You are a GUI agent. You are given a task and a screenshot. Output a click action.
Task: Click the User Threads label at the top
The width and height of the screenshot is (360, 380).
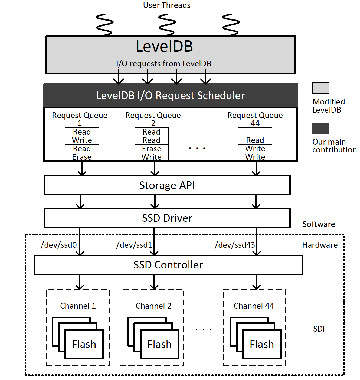[x=166, y=5]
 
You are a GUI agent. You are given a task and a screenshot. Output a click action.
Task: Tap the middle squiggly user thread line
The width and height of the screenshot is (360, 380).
[x=167, y=25]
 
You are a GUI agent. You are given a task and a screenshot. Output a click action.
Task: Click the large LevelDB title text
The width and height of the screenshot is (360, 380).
[x=164, y=46]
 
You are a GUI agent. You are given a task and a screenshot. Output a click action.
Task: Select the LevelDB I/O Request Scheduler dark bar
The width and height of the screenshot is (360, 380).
[x=171, y=95]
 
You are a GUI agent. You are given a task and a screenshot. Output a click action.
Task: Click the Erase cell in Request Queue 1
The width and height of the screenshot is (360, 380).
[x=82, y=157]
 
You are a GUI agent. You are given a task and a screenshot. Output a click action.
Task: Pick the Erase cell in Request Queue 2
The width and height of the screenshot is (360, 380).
[x=151, y=149]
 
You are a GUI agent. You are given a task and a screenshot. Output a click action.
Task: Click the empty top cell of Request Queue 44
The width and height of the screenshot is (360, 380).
[x=255, y=132]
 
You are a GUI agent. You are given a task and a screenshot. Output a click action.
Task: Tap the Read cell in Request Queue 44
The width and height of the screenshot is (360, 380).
[x=255, y=140]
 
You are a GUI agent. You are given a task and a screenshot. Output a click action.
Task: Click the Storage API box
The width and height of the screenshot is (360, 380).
[x=167, y=185]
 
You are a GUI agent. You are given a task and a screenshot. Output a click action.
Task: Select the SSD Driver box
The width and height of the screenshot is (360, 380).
[x=167, y=218]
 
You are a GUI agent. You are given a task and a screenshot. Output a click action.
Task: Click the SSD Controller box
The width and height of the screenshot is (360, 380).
[x=168, y=265]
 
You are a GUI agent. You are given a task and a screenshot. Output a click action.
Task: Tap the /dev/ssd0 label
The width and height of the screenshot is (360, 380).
[x=59, y=245]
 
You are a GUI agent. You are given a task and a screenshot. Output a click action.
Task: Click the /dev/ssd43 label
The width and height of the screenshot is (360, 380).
[x=235, y=245]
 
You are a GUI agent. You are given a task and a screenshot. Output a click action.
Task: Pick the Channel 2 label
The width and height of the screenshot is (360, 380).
[x=153, y=306]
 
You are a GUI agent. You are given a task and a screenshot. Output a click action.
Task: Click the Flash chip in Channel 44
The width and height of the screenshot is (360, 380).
[x=261, y=344]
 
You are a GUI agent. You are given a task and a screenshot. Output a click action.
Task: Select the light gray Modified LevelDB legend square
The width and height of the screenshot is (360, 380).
[x=320, y=88]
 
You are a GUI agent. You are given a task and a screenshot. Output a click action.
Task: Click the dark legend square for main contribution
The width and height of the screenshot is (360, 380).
[x=320, y=128]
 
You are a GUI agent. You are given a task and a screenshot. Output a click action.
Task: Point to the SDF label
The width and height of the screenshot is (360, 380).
[x=320, y=329]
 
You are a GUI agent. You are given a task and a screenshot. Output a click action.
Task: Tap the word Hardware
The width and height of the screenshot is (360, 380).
[x=320, y=245]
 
